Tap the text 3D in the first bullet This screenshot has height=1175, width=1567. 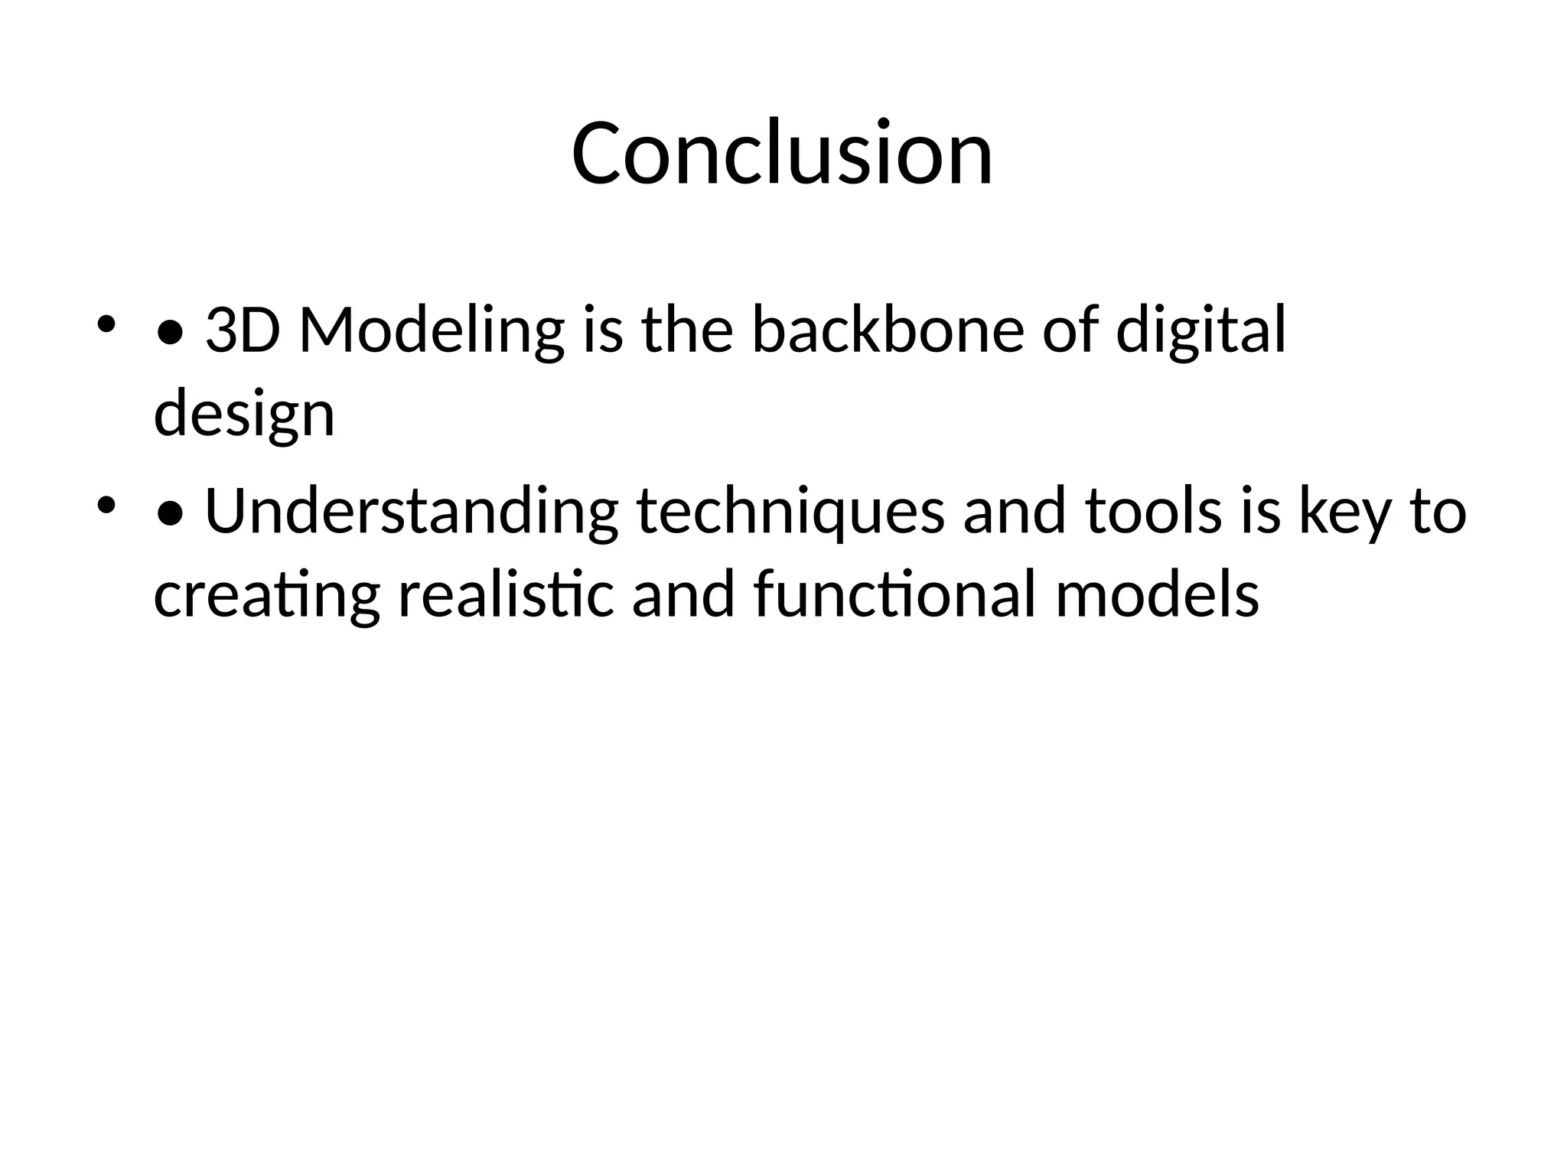(x=243, y=330)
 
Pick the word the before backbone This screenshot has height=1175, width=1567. (x=687, y=330)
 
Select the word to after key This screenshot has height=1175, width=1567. (x=1438, y=511)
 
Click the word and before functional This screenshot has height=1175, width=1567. (x=683, y=595)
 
